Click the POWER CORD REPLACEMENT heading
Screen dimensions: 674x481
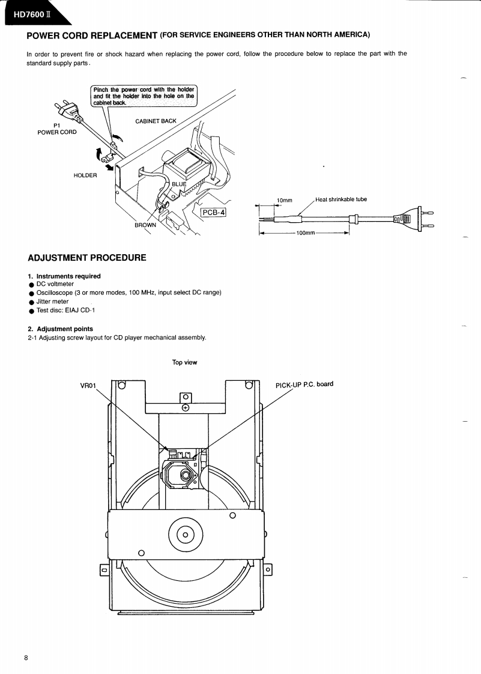click(92, 35)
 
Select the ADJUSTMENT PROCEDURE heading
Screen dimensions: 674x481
click(87, 258)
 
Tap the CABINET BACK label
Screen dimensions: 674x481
click(156, 121)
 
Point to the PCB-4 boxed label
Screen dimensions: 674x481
click(213, 212)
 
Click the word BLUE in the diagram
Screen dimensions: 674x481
click(180, 184)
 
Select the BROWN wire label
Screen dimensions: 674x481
click(145, 225)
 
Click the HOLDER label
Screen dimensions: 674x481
click(85, 175)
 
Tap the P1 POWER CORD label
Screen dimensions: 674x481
click(57, 129)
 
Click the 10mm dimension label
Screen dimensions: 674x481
click(284, 200)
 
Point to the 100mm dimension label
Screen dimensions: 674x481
click(306, 232)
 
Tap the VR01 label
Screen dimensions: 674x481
click(88, 385)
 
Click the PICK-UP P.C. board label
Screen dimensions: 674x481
click(304, 384)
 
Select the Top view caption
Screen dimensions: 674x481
click(184, 362)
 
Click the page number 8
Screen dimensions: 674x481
click(26, 657)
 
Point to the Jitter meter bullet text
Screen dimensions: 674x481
click(52, 302)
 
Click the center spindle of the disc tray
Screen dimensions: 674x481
click(186, 535)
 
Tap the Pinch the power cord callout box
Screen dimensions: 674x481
click(144, 96)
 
